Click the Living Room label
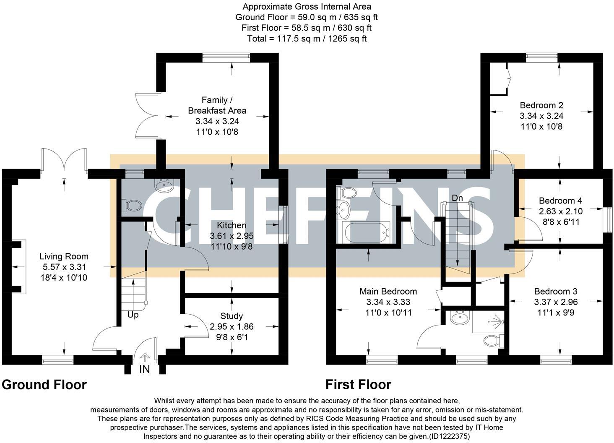tap(64, 256)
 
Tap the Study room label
tap(232, 316)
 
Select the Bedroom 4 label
tap(560, 201)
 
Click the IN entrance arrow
tap(144, 358)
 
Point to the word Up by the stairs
tap(133, 315)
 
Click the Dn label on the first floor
tap(457, 198)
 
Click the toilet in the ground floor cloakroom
tap(132, 205)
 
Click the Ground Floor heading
tap(44, 385)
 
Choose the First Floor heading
tap(358, 385)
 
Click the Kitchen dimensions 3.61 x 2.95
tap(232, 236)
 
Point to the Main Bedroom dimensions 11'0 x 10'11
tap(388, 313)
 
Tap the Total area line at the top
tap(307, 39)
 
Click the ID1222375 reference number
tap(449, 436)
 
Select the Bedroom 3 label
tap(556, 291)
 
